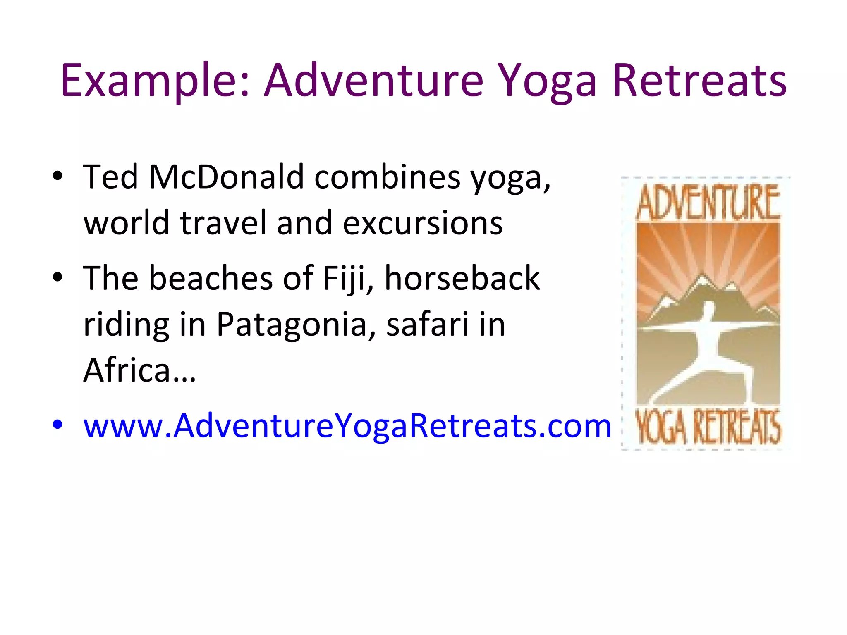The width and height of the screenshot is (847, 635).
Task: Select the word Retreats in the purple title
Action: (x=699, y=80)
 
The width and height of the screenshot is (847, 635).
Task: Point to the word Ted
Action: (x=110, y=177)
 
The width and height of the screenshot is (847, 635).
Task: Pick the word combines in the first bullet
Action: (x=387, y=177)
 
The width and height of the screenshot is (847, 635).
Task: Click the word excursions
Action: (x=423, y=223)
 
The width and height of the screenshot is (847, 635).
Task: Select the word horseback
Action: (x=462, y=278)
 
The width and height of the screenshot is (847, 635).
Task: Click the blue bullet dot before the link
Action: (x=57, y=425)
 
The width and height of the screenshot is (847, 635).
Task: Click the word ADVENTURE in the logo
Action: (x=708, y=203)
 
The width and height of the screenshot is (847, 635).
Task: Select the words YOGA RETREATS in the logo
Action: (x=708, y=427)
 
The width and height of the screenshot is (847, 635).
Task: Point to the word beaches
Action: (x=211, y=278)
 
